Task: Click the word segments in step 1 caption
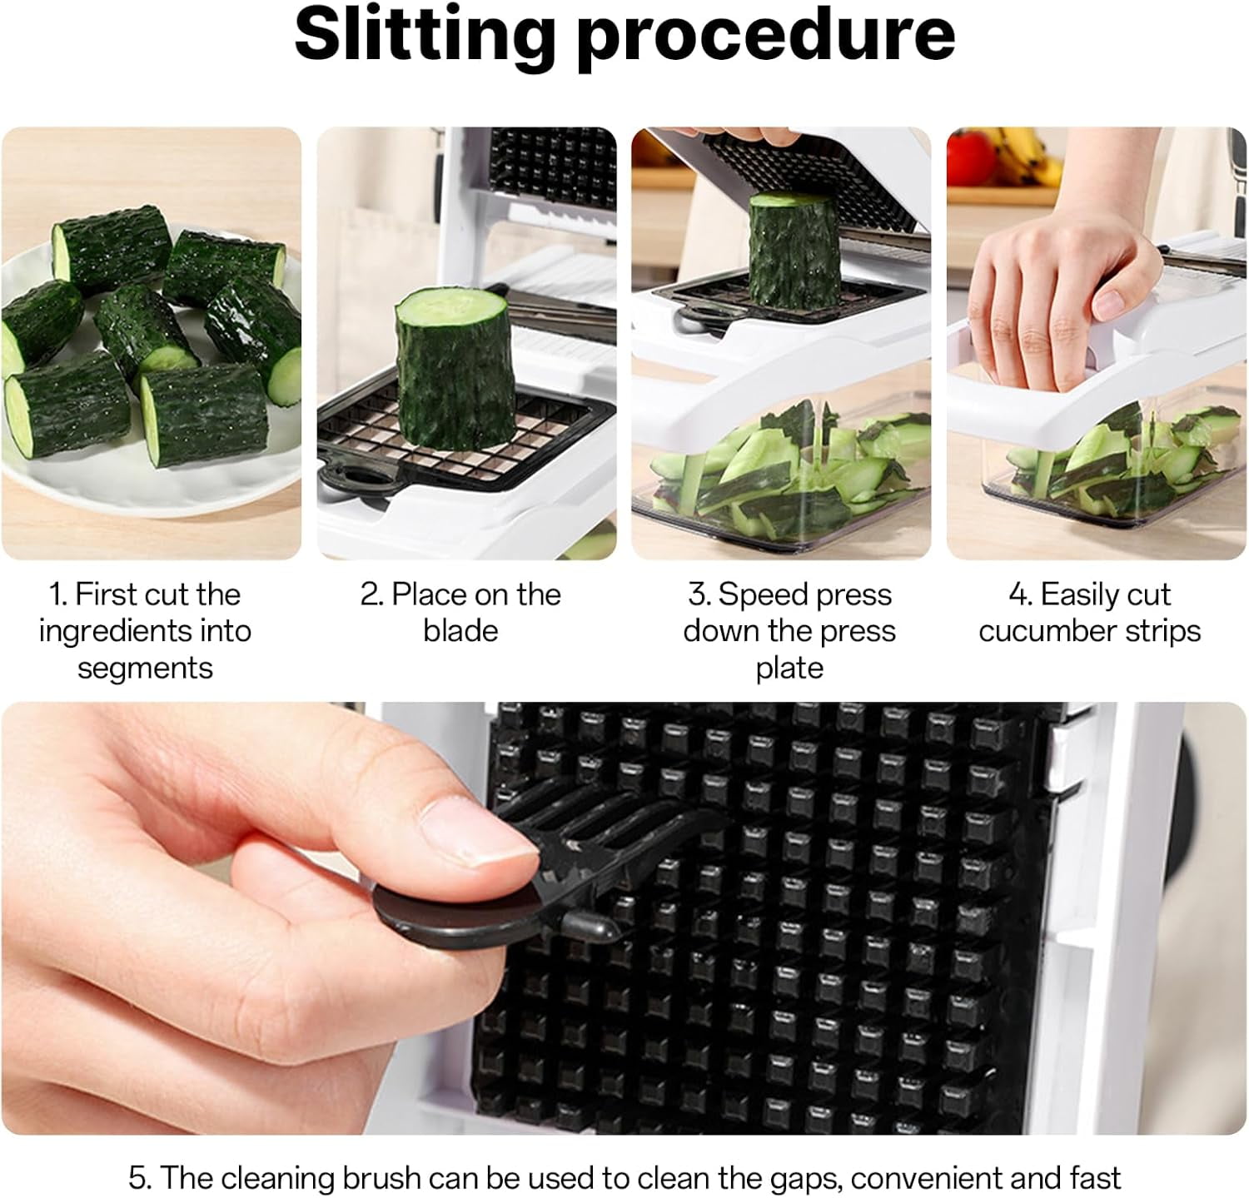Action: tap(145, 668)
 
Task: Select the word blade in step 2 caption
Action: tap(460, 631)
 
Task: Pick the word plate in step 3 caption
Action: tap(789, 668)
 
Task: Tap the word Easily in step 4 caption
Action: tap(1077, 594)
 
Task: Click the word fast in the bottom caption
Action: tap(1094, 1178)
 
